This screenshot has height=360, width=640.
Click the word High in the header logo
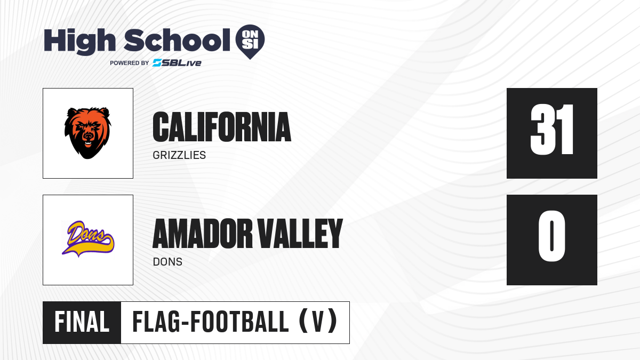coord(79,42)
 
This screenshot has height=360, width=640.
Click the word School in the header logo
coord(177,40)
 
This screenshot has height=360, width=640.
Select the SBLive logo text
coord(177,63)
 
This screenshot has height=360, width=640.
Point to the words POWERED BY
coord(130,63)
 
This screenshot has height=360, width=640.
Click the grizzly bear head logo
coord(87,133)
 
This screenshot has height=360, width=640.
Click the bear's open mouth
coord(88,142)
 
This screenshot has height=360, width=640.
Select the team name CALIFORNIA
coord(222,127)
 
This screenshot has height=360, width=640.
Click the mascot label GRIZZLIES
coord(179,155)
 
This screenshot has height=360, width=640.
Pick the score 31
coord(551,130)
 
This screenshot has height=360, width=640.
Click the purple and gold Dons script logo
coord(88,239)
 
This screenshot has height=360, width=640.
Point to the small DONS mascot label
coord(167,262)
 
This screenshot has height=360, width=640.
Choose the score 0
coord(551,236)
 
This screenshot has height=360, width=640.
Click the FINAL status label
coord(82,322)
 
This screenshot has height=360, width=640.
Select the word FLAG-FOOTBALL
coord(211,322)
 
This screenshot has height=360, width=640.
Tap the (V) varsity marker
coord(318,322)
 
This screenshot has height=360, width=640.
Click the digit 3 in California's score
coord(541,130)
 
